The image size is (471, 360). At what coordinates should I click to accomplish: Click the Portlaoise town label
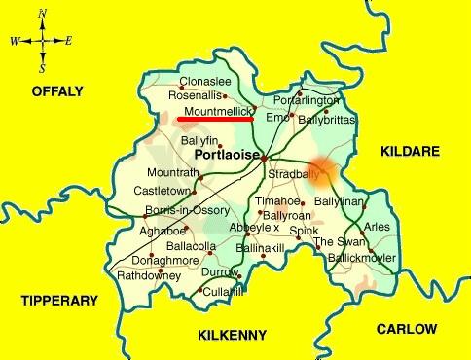[227, 155]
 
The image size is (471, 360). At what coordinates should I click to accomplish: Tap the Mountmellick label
[215, 112]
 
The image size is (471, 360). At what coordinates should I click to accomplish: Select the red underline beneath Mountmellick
[215, 121]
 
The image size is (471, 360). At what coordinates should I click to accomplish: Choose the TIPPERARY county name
[61, 301]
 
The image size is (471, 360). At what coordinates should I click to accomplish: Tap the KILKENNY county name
[232, 336]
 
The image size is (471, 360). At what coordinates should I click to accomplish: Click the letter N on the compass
[43, 14]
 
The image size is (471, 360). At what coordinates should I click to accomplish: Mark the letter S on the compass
[43, 69]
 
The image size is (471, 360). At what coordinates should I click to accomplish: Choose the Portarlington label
[307, 100]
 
